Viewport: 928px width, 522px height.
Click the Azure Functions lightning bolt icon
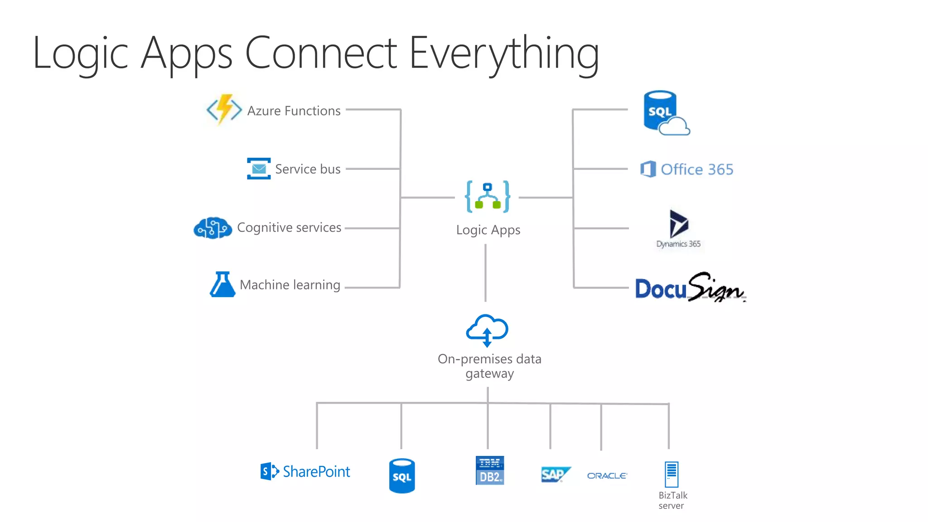224,110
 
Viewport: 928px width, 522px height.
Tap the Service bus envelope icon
259,169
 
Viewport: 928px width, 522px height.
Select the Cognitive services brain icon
213,227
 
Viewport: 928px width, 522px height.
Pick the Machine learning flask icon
222,285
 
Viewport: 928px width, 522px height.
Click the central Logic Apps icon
488,197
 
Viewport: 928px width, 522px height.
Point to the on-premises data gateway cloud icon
487,330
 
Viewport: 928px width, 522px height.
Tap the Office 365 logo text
696,169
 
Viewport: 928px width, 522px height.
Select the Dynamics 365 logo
678,228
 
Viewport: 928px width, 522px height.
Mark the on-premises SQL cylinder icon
402,475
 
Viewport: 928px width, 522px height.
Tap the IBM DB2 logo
490,470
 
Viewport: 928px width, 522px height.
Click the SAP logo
555,474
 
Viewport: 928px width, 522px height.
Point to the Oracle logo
607,475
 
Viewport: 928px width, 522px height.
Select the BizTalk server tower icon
671,474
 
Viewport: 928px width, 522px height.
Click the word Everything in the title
504,53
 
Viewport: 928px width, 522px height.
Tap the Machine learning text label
290,285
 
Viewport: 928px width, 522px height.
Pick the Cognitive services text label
289,227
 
